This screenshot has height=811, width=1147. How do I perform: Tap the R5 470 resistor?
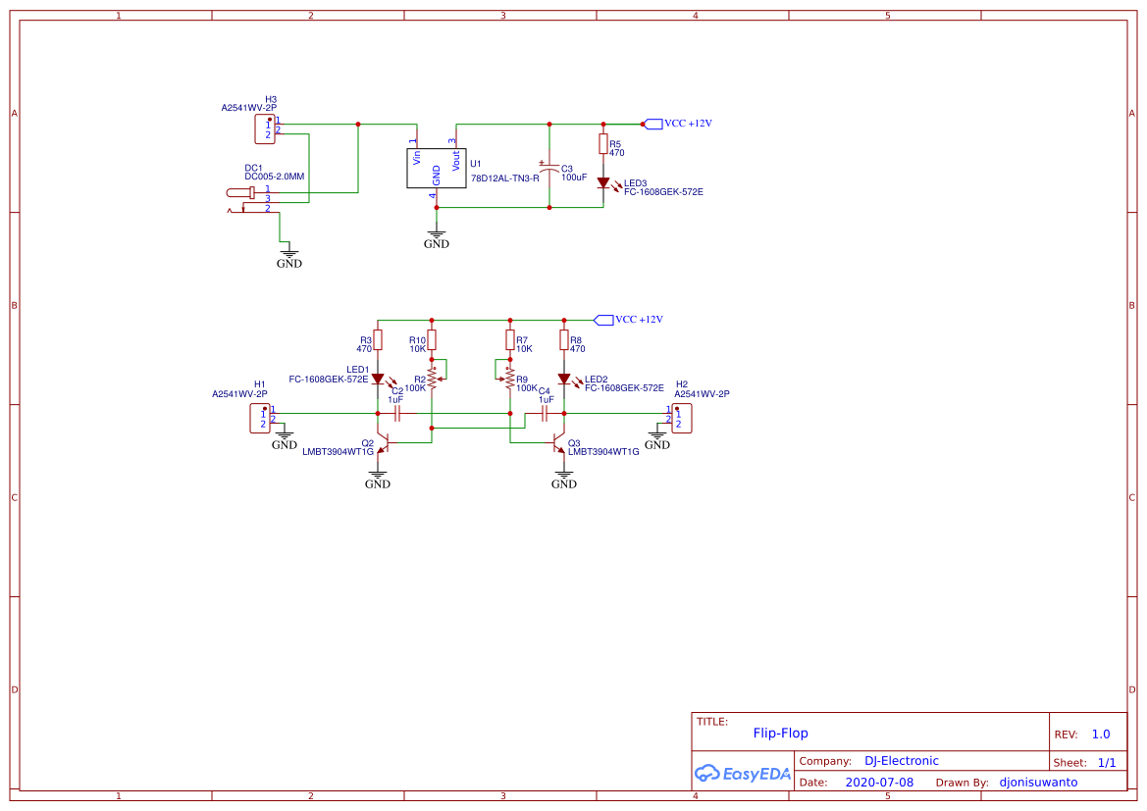(602, 144)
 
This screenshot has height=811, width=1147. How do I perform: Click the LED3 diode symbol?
(602, 182)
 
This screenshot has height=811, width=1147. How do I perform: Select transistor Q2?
(383, 444)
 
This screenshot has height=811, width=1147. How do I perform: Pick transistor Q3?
(560, 444)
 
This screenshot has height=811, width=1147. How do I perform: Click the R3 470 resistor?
(378, 340)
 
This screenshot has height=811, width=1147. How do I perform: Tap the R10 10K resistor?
(432, 340)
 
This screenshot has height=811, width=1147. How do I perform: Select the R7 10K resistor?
(509, 340)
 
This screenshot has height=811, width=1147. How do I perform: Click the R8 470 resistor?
(563, 340)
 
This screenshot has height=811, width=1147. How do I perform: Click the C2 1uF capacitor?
(397, 414)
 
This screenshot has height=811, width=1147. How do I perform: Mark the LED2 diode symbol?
(563, 379)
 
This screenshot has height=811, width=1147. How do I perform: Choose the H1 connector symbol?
(261, 418)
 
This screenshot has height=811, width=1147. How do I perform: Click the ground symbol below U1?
(437, 235)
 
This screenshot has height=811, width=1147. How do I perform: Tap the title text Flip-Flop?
(780, 733)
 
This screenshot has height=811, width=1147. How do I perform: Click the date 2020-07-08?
(878, 783)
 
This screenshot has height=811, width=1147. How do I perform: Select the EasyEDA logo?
(743, 773)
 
